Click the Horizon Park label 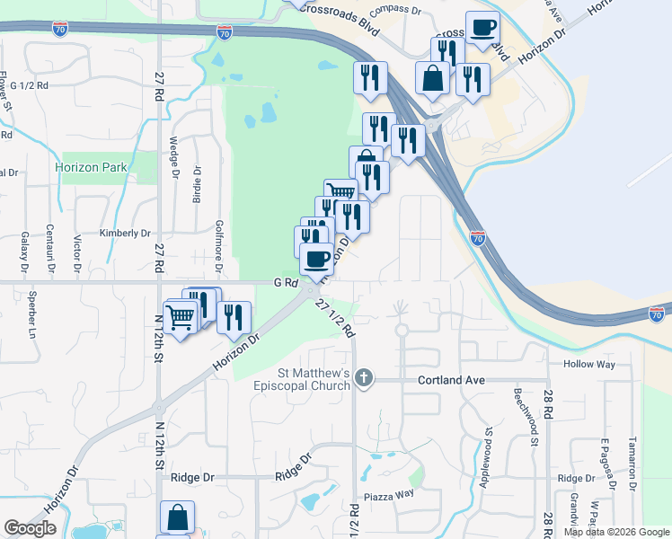click(91, 167)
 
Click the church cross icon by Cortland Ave click(363, 378)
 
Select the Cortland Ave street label click(451, 380)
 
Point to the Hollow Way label click(589, 364)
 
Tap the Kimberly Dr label click(124, 234)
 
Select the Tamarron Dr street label click(632, 463)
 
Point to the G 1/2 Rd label click(30, 85)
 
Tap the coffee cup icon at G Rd click(316, 259)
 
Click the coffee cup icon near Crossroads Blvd click(482, 28)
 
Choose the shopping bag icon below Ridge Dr click(177, 517)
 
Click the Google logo click(31, 528)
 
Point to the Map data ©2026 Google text click(616, 532)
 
